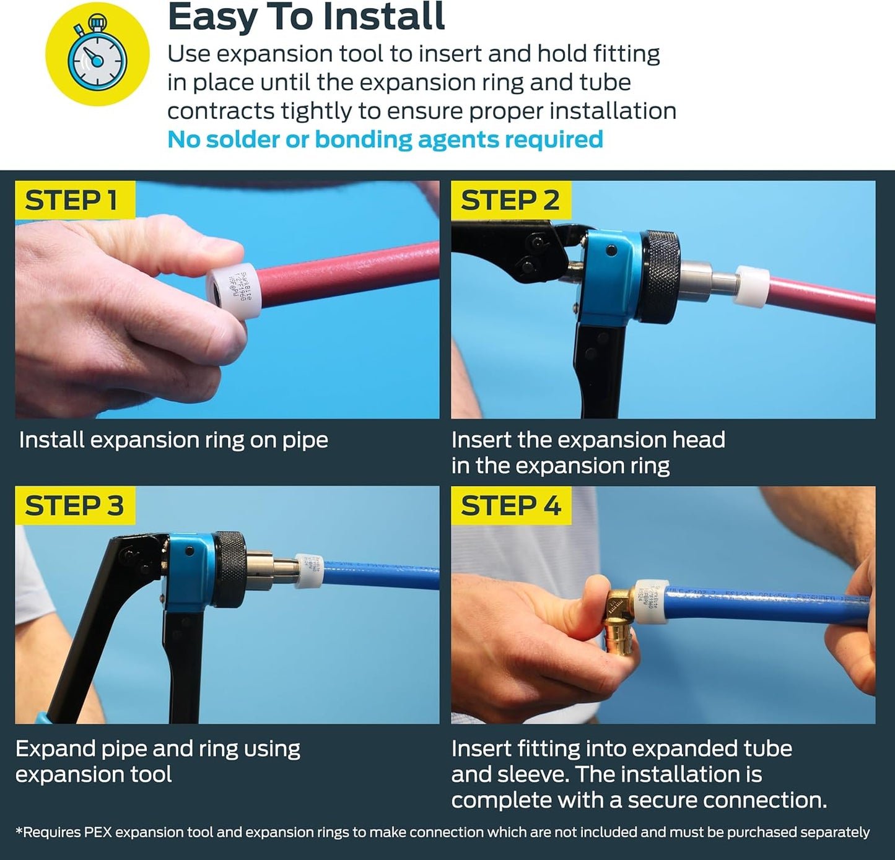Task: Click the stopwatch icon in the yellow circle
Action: tap(97, 54)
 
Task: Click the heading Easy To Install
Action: tap(306, 17)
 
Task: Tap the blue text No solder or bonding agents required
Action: tap(385, 139)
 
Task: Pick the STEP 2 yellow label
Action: tap(510, 200)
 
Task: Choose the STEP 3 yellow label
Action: tap(74, 505)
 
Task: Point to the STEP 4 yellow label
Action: tap(510, 505)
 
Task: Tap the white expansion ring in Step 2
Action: tap(751, 286)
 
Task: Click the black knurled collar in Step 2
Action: tap(661, 277)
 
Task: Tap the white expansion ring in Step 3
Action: tap(309, 570)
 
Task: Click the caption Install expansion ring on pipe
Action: tap(173, 440)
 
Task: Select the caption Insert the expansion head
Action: tap(588, 440)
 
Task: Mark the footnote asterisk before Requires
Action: tap(19, 831)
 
